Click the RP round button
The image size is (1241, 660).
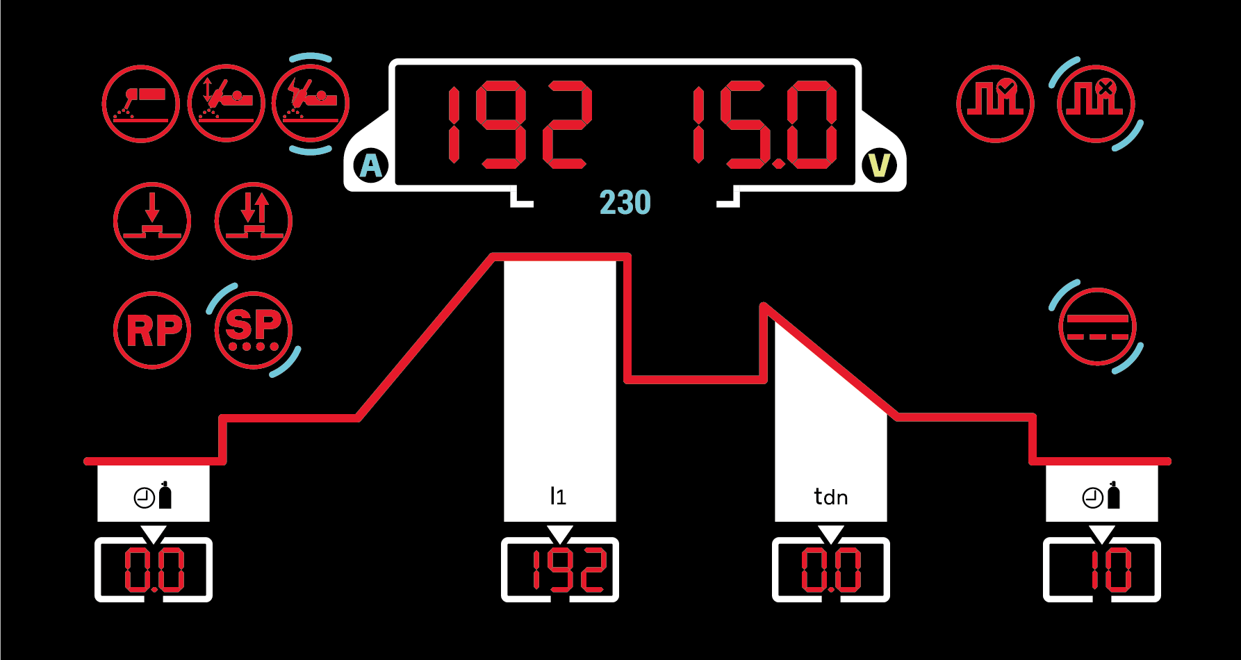click(x=151, y=330)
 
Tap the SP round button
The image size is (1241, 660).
click(x=254, y=330)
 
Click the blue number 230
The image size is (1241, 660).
click(x=625, y=203)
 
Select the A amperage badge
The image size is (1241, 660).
click(x=371, y=166)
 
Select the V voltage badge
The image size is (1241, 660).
click(x=879, y=166)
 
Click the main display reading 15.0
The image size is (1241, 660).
click(x=764, y=125)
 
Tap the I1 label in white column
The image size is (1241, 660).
click(x=558, y=496)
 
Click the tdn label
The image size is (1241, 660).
click(x=830, y=497)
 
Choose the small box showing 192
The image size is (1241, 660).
click(x=560, y=570)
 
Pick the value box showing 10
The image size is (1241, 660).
click(x=1102, y=570)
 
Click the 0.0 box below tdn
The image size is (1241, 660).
click(x=831, y=570)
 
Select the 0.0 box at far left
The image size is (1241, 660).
click(x=154, y=570)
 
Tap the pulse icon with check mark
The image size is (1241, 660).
click(x=995, y=104)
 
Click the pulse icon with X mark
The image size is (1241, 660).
click(x=1096, y=104)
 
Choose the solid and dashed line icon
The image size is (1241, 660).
click(x=1097, y=327)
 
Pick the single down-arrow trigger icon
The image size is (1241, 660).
click(x=151, y=221)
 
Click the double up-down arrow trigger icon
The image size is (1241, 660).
click(x=254, y=221)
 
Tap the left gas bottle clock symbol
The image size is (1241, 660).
click(x=153, y=495)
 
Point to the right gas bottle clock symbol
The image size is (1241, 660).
click(x=1101, y=495)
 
